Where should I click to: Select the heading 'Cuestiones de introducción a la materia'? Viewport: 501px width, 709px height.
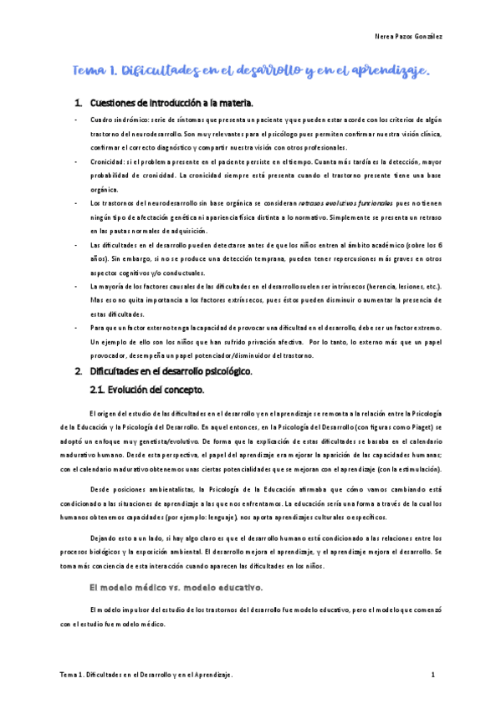[171, 103]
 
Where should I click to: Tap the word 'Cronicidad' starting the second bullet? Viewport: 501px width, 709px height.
[108, 161]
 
